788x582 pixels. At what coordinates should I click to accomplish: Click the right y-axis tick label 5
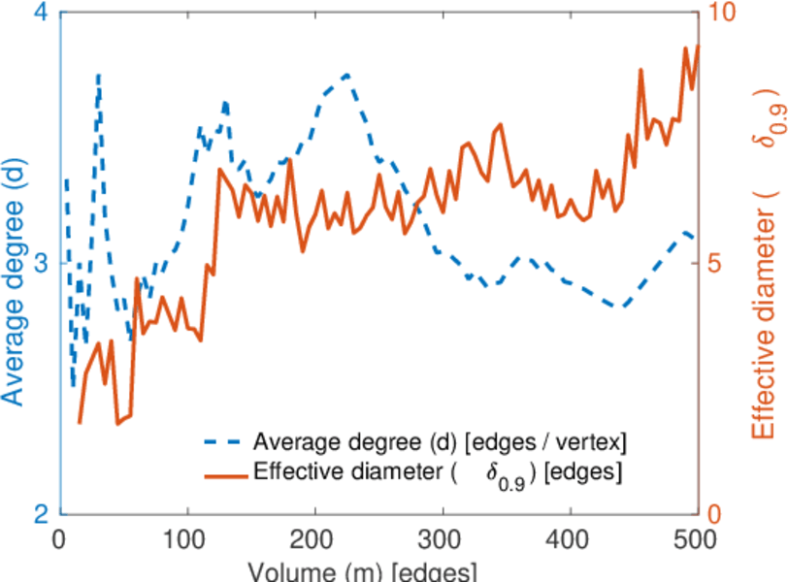tap(717, 264)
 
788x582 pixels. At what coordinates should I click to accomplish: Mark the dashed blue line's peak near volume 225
tap(346, 74)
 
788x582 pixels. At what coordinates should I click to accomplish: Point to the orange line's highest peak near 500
tap(697, 47)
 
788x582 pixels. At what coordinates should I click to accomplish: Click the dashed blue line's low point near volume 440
tap(621, 307)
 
